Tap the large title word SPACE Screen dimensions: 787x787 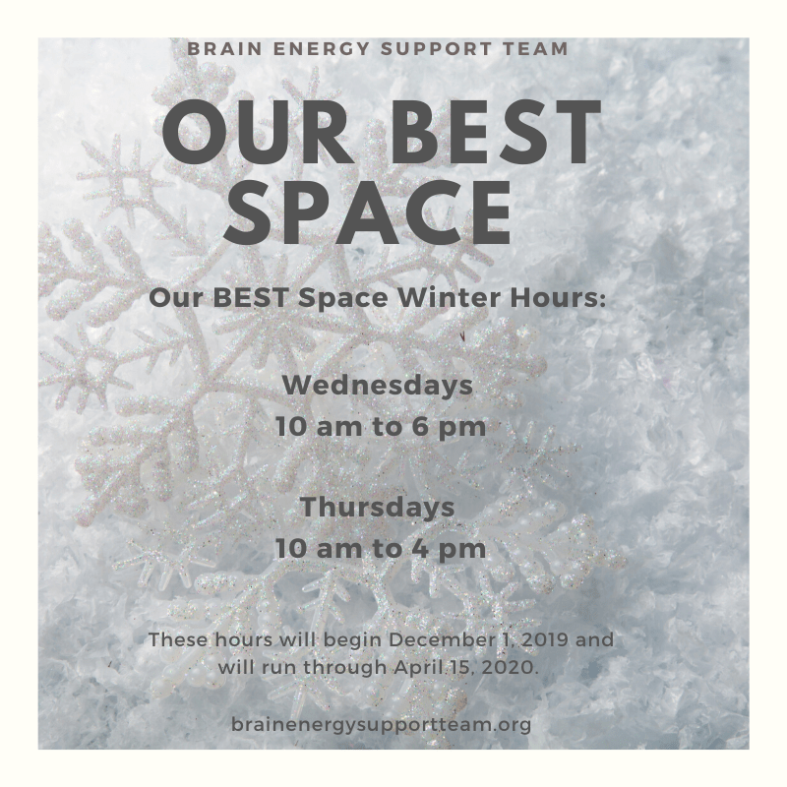pos(367,212)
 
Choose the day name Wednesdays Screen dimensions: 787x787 pos(378,386)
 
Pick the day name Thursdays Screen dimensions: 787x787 pos(378,507)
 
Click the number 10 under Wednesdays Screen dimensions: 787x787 pos(290,427)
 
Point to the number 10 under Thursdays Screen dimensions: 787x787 pos(290,549)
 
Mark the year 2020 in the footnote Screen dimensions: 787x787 pos(515,668)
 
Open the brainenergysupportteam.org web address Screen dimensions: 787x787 pos(382,725)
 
